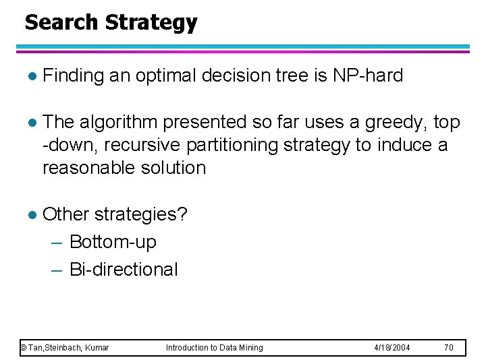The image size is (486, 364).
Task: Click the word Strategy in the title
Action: pyautogui.click(x=151, y=23)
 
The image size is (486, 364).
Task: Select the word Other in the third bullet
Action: pyautogui.click(x=65, y=214)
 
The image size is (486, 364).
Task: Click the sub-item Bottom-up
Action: pyautogui.click(x=113, y=241)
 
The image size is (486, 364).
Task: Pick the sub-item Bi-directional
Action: pyautogui.click(x=124, y=270)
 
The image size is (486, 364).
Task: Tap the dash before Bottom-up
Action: pyautogui.click(x=57, y=242)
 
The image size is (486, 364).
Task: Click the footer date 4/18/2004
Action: pyautogui.click(x=392, y=348)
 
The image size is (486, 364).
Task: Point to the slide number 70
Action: pyautogui.click(x=448, y=348)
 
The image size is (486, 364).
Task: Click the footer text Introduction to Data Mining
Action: pyautogui.click(x=214, y=348)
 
